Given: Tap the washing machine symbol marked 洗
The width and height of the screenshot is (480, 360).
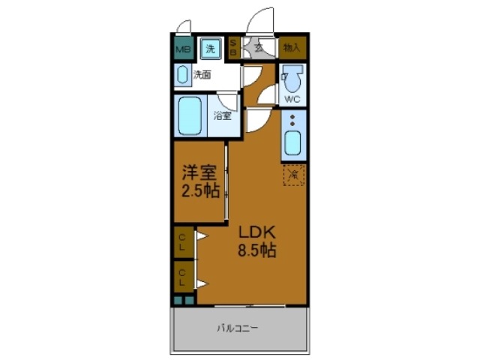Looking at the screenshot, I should pyautogui.click(x=211, y=49).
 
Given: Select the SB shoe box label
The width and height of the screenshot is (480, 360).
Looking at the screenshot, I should pyautogui.click(x=232, y=49).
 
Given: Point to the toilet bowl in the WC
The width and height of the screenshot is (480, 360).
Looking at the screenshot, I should pyautogui.click(x=295, y=79).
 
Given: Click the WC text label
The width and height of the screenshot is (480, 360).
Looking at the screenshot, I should pyautogui.click(x=293, y=98).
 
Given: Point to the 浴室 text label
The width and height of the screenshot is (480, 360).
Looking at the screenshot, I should pyautogui.click(x=222, y=115).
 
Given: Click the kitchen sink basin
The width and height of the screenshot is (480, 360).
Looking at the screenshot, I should pyautogui.click(x=292, y=142).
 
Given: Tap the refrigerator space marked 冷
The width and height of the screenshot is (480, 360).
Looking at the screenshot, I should pyautogui.click(x=294, y=175).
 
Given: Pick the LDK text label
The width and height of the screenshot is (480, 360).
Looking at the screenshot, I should pyautogui.click(x=257, y=232).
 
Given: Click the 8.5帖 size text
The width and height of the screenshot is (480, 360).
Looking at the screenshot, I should pyautogui.click(x=257, y=250).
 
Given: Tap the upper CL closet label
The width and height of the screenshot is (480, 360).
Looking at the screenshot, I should pyautogui.click(x=182, y=241).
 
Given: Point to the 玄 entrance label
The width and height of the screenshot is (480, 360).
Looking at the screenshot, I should pyautogui.click(x=259, y=48).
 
